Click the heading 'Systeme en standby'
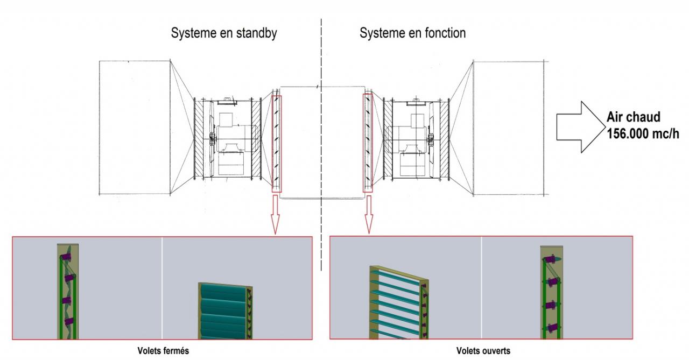click(x=224, y=33)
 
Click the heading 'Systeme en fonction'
click(x=412, y=33)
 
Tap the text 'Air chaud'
click(x=634, y=118)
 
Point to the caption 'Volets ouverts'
click(x=483, y=351)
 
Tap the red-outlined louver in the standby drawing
click(x=277, y=143)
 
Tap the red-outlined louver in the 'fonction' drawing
click(x=368, y=143)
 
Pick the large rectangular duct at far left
click(x=135, y=127)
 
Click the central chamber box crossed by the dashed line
click(x=322, y=142)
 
